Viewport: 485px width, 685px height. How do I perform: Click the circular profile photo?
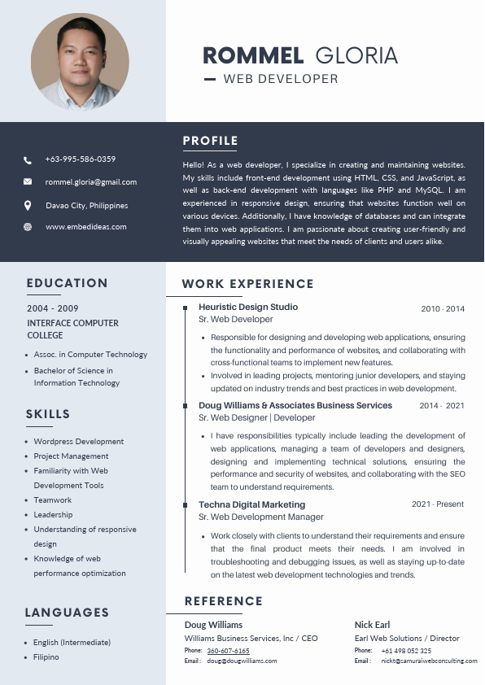click(80, 62)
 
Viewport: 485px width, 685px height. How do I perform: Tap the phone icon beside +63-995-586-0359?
click(28, 160)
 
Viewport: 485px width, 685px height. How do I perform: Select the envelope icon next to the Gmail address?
click(28, 182)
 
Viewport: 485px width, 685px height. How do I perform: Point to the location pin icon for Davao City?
click(28, 206)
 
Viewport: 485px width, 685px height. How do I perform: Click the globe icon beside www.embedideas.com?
click(28, 227)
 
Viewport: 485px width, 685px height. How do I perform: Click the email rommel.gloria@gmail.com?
click(91, 182)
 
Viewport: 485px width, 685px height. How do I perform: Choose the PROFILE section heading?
click(210, 141)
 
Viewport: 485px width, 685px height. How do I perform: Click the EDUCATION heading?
click(67, 283)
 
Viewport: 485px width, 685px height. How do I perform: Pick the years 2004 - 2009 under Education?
click(53, 308)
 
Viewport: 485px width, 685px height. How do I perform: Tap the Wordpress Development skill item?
click(79, 442)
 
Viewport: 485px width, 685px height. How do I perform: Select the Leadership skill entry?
click(53, 515)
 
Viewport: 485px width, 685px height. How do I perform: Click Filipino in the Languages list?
click(46, 657)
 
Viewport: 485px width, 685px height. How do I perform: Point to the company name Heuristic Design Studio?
click(248, 307)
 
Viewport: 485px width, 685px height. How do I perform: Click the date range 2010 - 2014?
click(443, 309)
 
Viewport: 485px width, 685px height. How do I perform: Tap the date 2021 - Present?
click(438, 504)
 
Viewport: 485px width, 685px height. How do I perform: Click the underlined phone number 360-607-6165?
click(228, 651)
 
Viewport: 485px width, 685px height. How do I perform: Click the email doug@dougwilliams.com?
click(242, 661)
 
